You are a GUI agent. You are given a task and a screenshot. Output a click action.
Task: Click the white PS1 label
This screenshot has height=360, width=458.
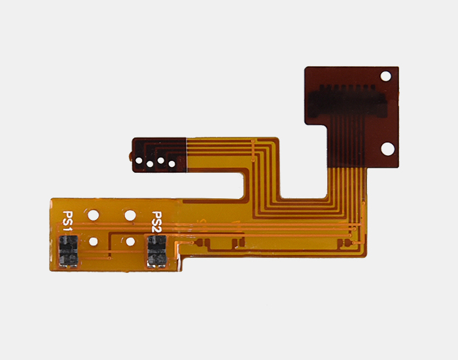[67, 221]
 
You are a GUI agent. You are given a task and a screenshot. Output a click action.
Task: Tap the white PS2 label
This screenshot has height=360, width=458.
[156, 222]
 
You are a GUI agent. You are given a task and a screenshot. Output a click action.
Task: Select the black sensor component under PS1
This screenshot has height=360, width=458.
[68, 251]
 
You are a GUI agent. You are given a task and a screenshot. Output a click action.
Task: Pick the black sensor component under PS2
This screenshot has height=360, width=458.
[157, 251]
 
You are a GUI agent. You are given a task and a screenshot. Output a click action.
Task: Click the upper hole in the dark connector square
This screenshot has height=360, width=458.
[385, 77]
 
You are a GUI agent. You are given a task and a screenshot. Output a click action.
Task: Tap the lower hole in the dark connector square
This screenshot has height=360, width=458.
[387, 149]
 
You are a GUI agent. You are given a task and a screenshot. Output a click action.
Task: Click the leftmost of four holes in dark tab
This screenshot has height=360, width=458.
[139, 160]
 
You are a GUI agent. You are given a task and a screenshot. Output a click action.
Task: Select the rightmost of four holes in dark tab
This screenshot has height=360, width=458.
[171, 164]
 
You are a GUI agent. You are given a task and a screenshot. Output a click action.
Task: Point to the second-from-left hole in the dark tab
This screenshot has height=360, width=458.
[150, 164]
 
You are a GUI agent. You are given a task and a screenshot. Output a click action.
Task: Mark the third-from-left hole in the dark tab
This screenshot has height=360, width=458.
[161, 160]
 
